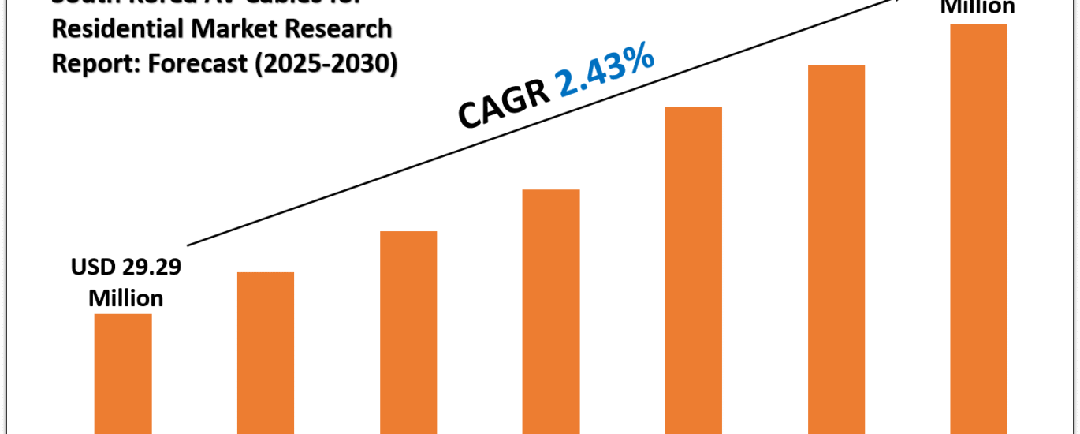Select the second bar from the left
point(266,353)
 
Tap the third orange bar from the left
point(408,332)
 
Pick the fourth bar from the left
point(551,312)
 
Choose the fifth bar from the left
point(694,270)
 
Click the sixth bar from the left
point(836,249)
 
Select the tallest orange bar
point(978,229)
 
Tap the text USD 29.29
point(126,268)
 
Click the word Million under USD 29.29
point(126,298)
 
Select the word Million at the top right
point(978,7)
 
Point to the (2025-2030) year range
point(326,63)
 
